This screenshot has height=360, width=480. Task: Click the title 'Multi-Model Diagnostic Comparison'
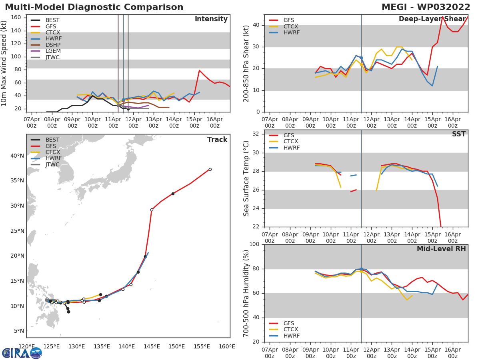click(x=94, y=7)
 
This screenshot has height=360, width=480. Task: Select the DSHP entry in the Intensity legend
click(x=52, y=45)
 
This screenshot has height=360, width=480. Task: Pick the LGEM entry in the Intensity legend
click(x=53, y=51)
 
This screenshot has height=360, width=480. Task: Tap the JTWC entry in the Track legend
click(x=52, y=165)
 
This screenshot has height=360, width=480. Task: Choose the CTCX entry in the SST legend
click(x=291, y=142)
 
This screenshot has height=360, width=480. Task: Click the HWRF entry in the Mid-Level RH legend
click(x=291, y=336)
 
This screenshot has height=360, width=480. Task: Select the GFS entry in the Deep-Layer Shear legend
click(x=288, y=20)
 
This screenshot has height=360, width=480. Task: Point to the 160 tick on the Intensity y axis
click(x=16, y=18)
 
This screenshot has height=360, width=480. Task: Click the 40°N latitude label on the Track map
click(x=17, y=156)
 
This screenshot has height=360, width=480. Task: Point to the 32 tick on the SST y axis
click(x=255, y=134)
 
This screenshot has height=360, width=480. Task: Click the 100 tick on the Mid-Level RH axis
click(x=253, y=244)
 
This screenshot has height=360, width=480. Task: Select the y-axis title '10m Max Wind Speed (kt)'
click(x=4, y=63)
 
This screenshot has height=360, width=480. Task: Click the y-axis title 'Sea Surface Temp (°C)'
click(x=246, y=178)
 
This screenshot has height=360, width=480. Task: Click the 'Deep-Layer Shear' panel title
click(x=432, y=19)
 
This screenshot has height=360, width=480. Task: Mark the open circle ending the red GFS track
click(x=210, y=169)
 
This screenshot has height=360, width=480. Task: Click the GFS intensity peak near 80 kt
click(x=199, y=70)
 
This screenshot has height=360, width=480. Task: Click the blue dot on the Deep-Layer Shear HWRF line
click(x=361, y=58)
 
